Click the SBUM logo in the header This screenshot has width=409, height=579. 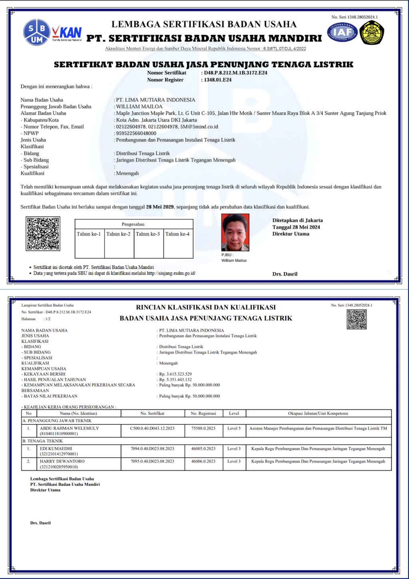[x=36, y=32]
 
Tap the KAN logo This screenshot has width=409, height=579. [x=68, y=32]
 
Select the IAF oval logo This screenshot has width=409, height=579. [x=342, y=32]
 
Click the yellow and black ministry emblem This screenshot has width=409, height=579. [x=371, y=32]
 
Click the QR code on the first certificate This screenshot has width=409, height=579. [x=43, y=234]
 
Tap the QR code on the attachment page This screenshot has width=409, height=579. [x=357, y=319]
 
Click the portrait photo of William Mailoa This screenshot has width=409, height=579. [x=235, y=232]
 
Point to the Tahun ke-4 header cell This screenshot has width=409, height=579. [x=178, y=234]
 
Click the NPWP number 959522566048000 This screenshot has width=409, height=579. [x=136, y=133]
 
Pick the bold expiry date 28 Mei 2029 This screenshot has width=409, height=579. [x=160, y=207]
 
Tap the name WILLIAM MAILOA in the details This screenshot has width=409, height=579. [x=139, y=107]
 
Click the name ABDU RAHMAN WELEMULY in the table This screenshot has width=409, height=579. [x=69, y=428]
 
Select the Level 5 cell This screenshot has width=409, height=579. [x=234, y=428]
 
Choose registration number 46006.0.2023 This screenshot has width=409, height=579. [x=203, y=461]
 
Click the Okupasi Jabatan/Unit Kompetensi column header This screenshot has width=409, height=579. [x=318, y=413]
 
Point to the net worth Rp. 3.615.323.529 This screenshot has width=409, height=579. [x=175, y=374]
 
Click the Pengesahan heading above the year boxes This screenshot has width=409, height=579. [x=133, y=224]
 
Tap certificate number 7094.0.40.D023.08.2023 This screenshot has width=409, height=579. [x=152, y=449]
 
